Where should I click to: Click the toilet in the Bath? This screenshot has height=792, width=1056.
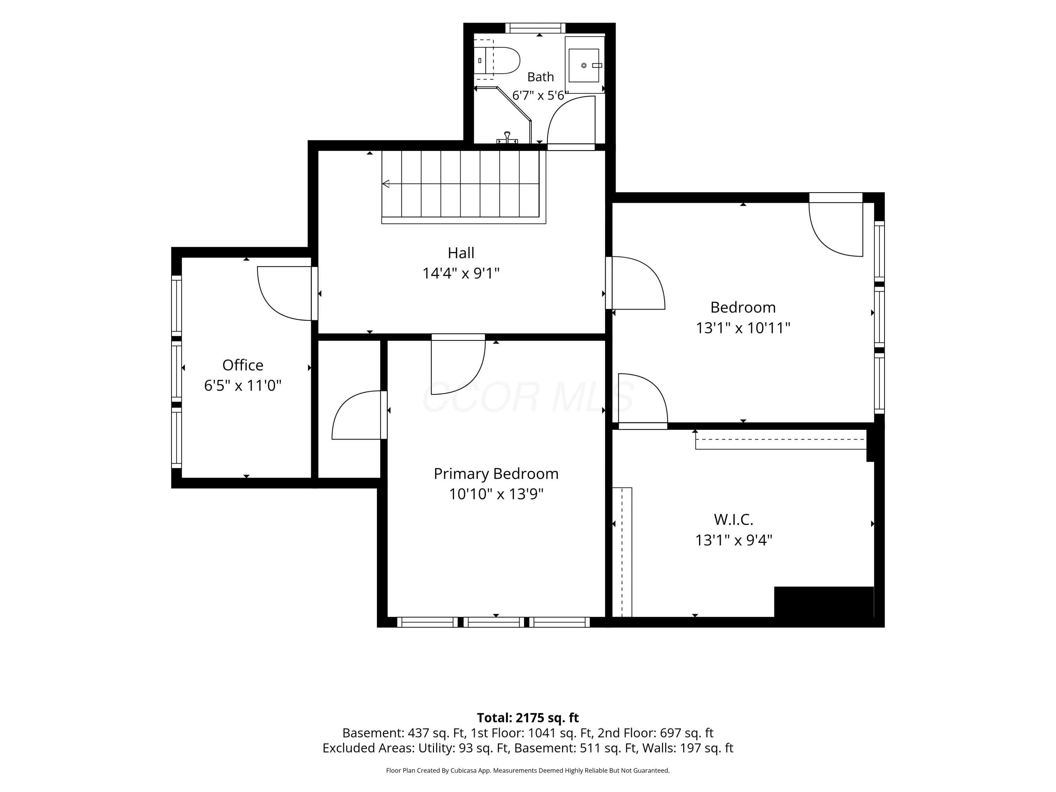click(x=496, y=61)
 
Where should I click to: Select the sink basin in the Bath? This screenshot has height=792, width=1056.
click(x=584, y=65)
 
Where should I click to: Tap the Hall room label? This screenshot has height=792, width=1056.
click(x=461, y=252)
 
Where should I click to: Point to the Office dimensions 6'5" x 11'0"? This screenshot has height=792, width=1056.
click(x=243, y=385)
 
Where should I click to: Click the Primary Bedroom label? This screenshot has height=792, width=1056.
click(x=496, y=473)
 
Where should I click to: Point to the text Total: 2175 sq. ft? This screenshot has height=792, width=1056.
click(x=528, y=717)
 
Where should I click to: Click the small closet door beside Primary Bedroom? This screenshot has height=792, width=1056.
click(x=359, y=415)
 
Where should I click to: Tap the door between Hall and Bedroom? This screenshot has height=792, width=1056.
click(x=635, y=283)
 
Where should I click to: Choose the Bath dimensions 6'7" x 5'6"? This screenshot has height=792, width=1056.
click(x=540, y=95)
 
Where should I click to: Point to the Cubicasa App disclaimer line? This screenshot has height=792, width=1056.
click(x=528, y=771)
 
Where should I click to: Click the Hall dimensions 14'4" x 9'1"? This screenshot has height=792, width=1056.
click(x=461, y=273)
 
